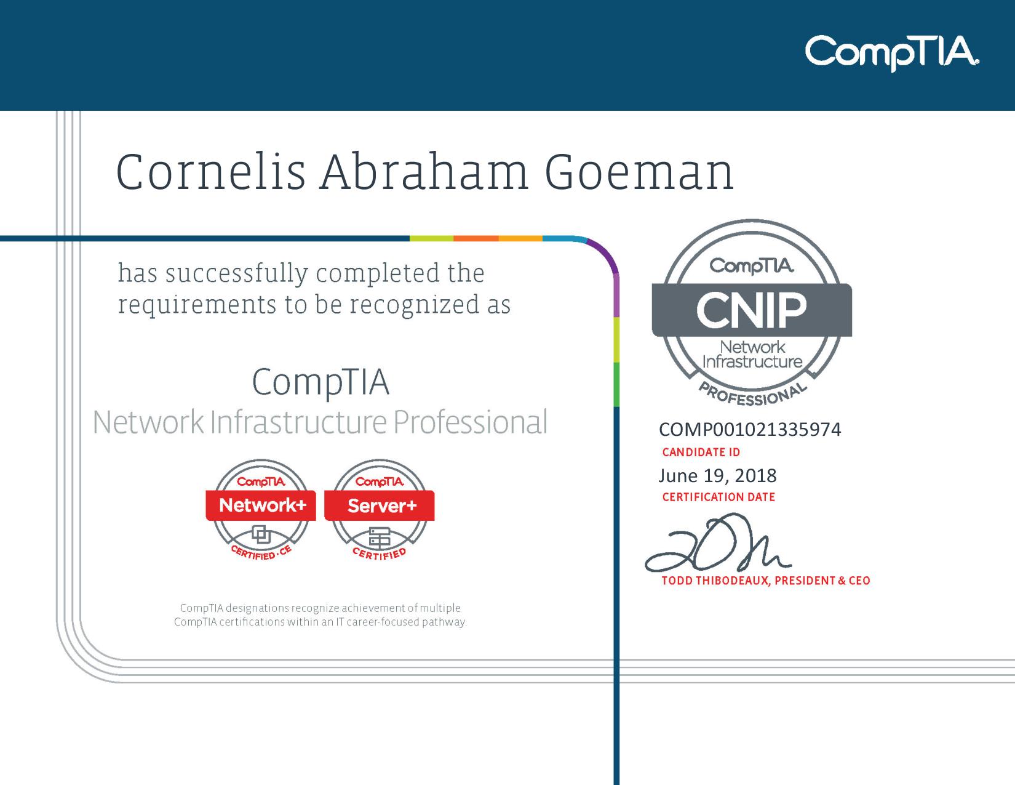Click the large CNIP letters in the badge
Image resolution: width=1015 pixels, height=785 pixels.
pos(752,310)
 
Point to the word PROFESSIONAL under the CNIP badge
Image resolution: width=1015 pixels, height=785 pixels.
pos(752,393)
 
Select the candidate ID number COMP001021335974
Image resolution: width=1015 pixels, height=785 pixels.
pos(750,429)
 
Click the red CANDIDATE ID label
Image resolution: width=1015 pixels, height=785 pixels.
pos(701,452)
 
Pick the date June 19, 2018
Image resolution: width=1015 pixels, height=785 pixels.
pos(717,476)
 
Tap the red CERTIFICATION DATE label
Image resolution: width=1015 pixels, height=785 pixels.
pos(718,497)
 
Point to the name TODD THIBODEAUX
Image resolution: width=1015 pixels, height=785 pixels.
pos(715,581)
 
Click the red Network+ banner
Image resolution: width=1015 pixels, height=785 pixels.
pos(261,505)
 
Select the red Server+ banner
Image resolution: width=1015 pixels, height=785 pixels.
pos(380,505)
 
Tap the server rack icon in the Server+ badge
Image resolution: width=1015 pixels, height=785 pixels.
pos(380,537)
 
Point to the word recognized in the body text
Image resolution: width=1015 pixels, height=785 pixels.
pos(415,305)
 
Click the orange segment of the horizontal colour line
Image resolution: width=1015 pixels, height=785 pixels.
pos(476,238)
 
